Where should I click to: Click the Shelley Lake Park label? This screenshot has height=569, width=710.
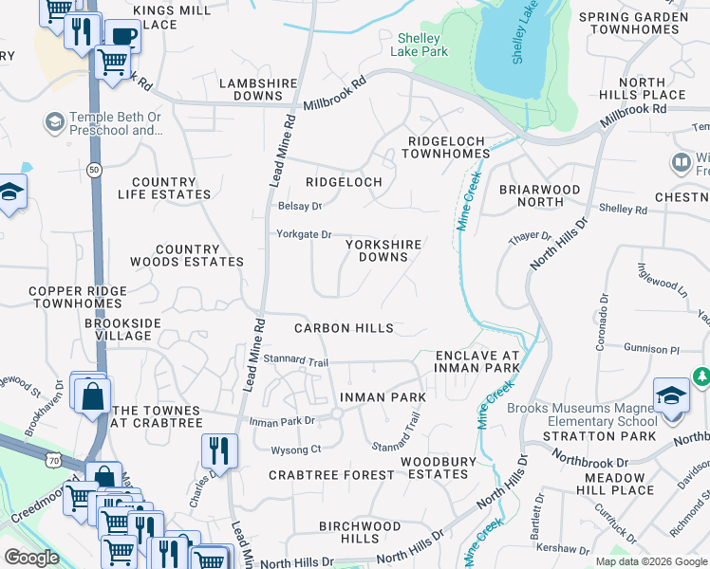point(422,45)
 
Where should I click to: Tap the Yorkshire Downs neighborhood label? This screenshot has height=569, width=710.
point(383,250)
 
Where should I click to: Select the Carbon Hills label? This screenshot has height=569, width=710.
point(344,328)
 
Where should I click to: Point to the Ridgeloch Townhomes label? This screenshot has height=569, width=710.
point(448,147)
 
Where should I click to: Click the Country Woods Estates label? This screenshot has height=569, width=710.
point(199,255)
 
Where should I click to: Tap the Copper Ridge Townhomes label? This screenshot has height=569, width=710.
point(77,298)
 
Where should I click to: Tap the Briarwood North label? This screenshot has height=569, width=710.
point(539,195)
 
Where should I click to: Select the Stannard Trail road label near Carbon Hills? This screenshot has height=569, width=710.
point(295,360)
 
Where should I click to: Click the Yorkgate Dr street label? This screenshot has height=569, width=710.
point(303,234)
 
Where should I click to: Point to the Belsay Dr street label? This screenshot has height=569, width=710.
point(300,206)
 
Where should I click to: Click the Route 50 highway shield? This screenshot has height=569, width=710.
point(93,169)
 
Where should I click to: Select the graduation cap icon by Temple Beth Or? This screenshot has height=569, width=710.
point(54,122)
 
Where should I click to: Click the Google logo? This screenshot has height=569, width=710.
point(31,558)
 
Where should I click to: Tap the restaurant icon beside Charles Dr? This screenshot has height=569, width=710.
point(219,451)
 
